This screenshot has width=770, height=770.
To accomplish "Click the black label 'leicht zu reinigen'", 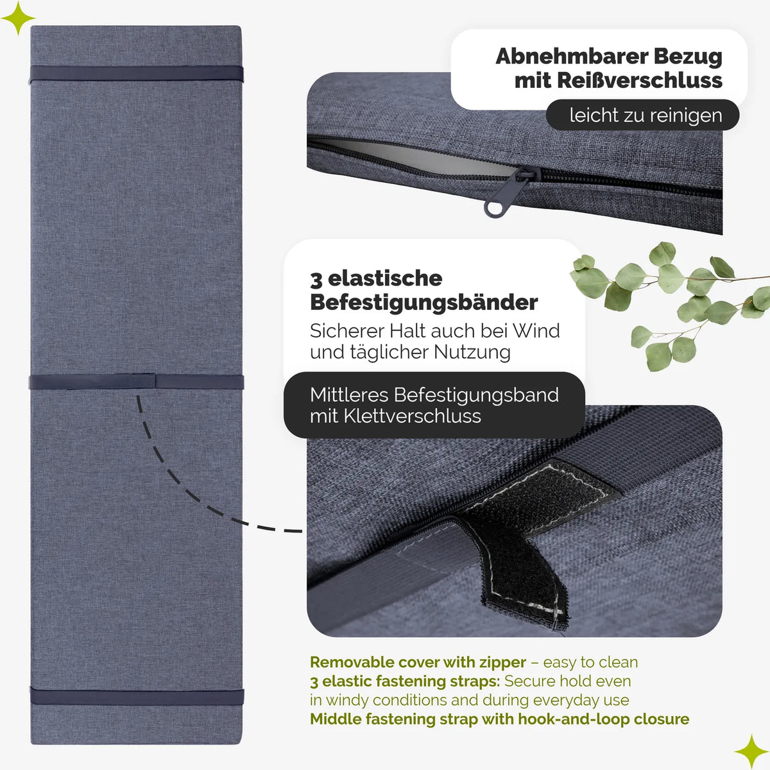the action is coord(642,115).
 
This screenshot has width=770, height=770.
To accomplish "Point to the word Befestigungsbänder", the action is coord(424,302).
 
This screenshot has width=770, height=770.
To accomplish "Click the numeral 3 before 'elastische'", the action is coord(316,280).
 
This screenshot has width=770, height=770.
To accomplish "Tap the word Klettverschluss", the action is coord(413,416).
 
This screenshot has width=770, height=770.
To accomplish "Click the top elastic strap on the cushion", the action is coord(136,74).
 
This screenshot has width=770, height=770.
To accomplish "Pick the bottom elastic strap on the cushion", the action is coord(137,696).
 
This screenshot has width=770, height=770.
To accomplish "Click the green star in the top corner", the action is coord(18,17).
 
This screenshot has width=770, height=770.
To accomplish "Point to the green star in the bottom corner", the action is coord(751,751).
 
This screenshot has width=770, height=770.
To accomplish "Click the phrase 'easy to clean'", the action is coord(590,663).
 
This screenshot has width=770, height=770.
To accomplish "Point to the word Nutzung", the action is coord(472,353).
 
